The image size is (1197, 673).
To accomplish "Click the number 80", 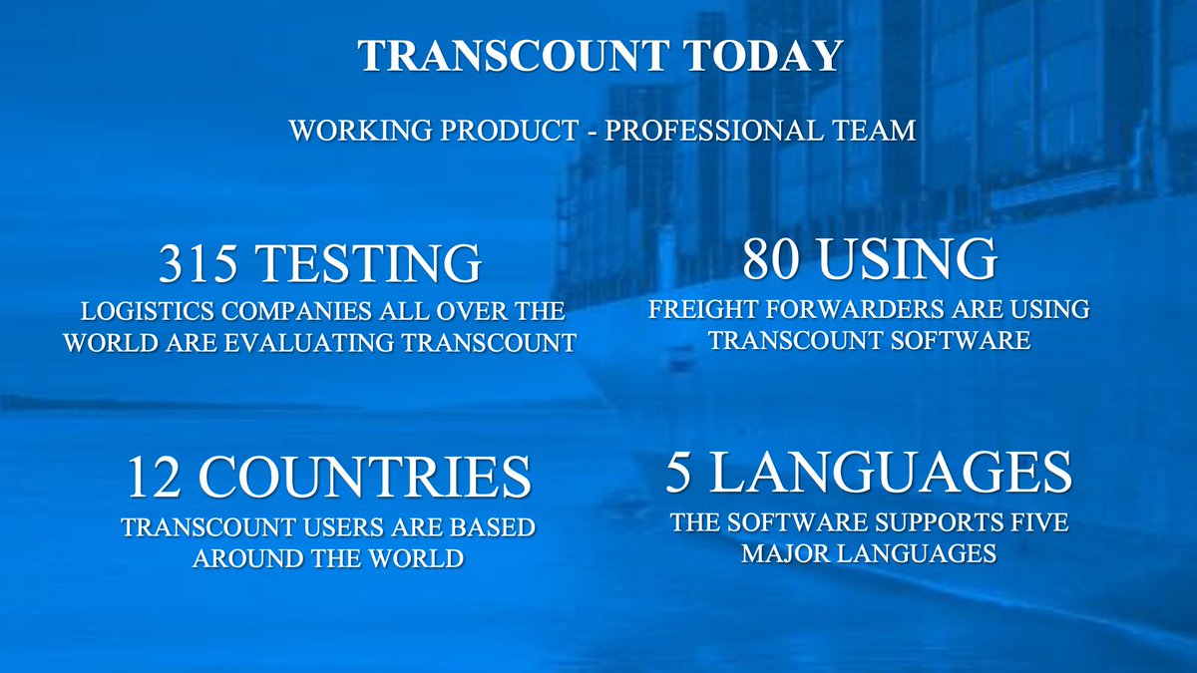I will pyautogui.click(x=773, y=259).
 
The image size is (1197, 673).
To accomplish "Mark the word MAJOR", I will pyautogui.click(x=782, y=552).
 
